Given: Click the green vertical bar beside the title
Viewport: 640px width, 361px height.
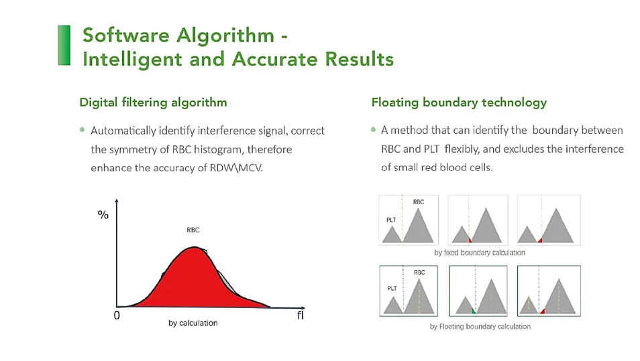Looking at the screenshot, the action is tap(64, 46).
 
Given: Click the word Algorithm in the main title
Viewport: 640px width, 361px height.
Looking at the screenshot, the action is tap(225, 35).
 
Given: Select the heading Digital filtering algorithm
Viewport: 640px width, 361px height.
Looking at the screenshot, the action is tap(153, 102).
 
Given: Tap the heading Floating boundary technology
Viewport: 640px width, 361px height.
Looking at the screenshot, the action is tap(459, 102).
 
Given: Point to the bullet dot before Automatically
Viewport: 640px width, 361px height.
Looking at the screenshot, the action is tap(82, 130).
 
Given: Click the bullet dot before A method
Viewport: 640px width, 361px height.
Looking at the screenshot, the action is tap(373, 129).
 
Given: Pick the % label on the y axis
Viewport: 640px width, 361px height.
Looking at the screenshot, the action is tap(103, 215).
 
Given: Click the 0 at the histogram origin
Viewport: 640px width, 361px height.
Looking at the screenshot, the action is tap(117, 315).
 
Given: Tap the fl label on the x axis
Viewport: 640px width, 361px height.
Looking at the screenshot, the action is tap(301, 315).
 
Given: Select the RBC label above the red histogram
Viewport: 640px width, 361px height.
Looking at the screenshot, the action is tap(193, 230).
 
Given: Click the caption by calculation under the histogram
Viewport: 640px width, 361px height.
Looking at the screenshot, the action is tap(193, 323).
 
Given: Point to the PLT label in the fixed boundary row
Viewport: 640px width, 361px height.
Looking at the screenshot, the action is tap(391, 220).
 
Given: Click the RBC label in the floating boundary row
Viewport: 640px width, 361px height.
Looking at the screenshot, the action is tap(419, 272).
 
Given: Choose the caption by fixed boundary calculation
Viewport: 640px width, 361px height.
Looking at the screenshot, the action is tap(480, 252).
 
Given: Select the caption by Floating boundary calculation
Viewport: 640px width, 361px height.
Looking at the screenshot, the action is tap(480, 326).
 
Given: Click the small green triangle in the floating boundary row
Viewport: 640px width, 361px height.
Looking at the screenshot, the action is tap(474, 311).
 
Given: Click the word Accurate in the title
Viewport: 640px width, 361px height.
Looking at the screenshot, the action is tap(275, 60).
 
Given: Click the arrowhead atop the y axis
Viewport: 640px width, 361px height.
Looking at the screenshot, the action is tap(117, 201).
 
